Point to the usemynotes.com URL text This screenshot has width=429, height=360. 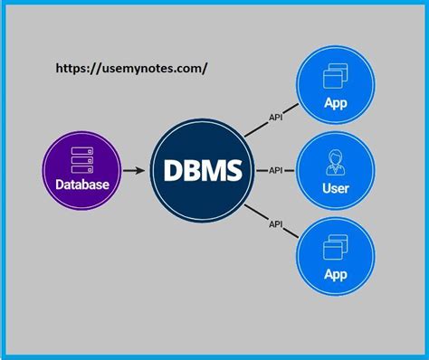point(137,68)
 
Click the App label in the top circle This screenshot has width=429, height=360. point(336,103)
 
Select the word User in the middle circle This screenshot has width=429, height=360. point(336,190)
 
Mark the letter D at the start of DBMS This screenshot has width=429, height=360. point(169,169)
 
